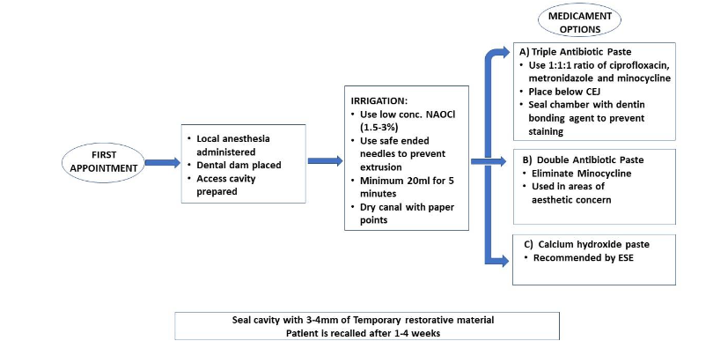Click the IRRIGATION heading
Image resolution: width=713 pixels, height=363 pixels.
(x=379, y=100)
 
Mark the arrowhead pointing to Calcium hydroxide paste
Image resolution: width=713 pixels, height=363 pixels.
(x=504, y=261)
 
